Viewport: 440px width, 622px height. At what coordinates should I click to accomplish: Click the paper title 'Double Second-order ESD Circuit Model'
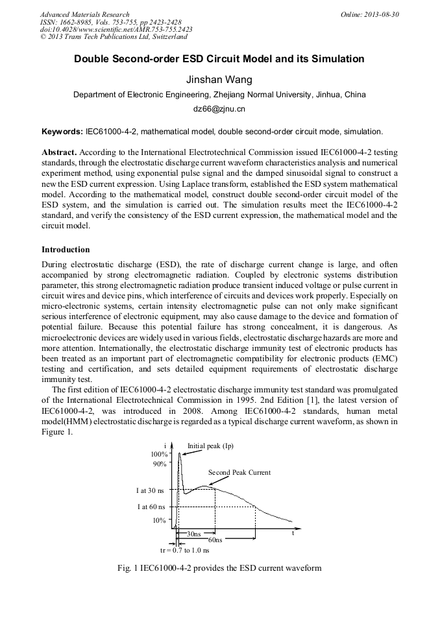point(219,59)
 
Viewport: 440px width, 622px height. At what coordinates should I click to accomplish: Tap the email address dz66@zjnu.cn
point(219,109)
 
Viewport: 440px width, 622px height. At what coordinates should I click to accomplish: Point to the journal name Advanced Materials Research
point(84,14)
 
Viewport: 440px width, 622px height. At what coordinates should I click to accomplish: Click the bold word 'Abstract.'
point(59,151)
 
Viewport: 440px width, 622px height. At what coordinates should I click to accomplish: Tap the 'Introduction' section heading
point(66,250)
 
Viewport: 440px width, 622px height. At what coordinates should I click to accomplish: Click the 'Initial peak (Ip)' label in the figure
point(210,446)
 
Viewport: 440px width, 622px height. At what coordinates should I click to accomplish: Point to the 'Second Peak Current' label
point(239,472)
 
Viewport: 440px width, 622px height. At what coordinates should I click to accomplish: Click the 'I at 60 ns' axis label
point(151,507)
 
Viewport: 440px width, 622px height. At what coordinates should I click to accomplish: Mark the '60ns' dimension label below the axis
point(215,540)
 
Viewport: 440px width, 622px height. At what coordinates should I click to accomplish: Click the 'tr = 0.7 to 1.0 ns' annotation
point(184,550)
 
